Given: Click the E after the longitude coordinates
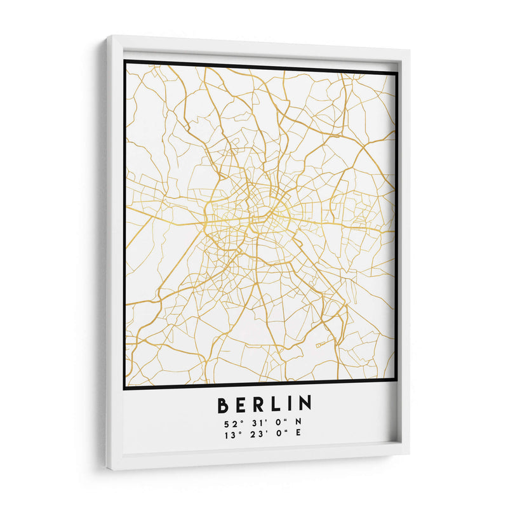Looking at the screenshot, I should pyautogui.click(x=298, y=436).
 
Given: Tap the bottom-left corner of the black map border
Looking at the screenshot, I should pyautogui.click(x=124, y=387).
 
